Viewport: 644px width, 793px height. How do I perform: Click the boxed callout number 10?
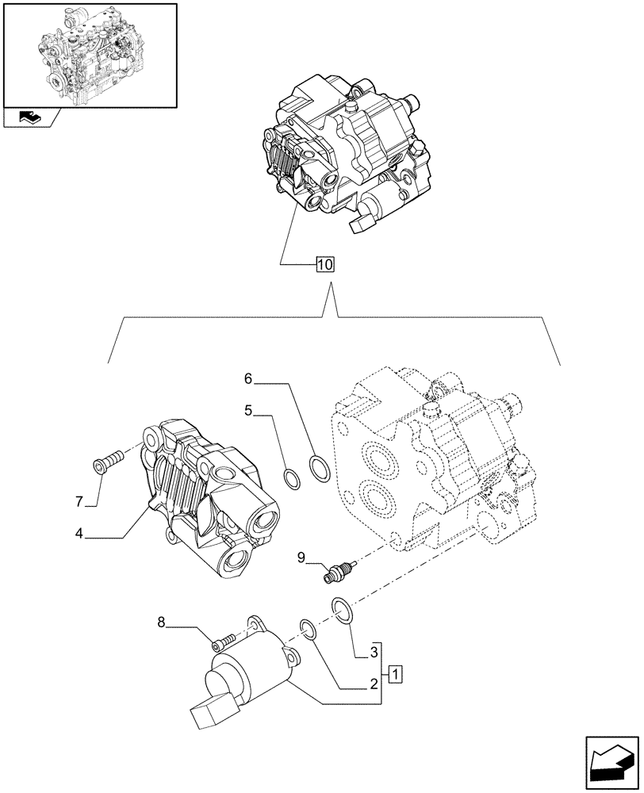(325, 265)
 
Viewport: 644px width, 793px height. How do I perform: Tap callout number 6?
(248, 381)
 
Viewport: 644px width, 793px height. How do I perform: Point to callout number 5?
(248, 412)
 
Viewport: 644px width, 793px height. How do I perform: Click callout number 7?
(79, 501)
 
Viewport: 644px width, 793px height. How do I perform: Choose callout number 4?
(79, 534)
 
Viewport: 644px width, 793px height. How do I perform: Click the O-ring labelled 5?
(292, 478)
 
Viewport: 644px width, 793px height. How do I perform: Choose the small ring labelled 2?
(309, 630)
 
